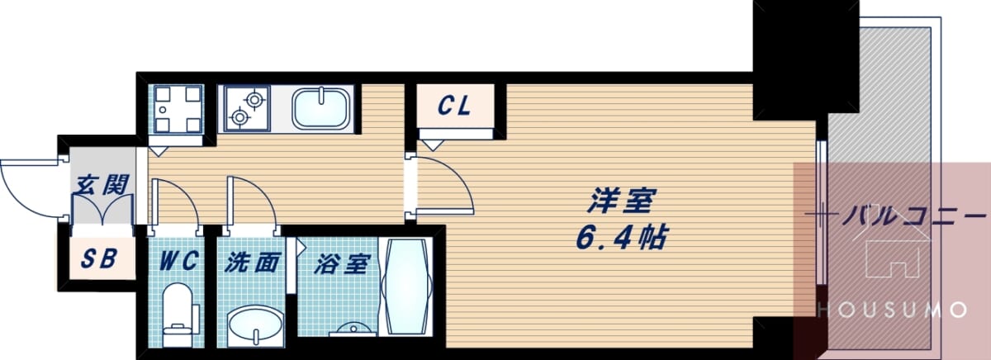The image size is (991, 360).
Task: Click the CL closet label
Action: pos(454,107)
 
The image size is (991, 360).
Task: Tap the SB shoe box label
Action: pos(99,258)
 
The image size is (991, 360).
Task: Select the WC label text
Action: pos(178,261)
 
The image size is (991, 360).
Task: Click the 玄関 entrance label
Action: pos(102,185)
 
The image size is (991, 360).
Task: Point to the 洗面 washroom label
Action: pos(252,263)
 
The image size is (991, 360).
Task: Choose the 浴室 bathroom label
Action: pos(341,264)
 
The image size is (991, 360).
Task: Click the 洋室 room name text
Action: pos(623,201)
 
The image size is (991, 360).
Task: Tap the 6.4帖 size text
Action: pos(621,238)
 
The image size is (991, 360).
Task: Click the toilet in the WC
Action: pos(178,315)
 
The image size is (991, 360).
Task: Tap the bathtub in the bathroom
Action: pos(406,287)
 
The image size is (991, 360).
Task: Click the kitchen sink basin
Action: pos(321,108)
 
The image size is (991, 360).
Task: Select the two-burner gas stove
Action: pos(247,108)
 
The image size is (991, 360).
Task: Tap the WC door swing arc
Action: pos(186,195)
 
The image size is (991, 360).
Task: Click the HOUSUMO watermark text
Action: pos(891,310)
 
